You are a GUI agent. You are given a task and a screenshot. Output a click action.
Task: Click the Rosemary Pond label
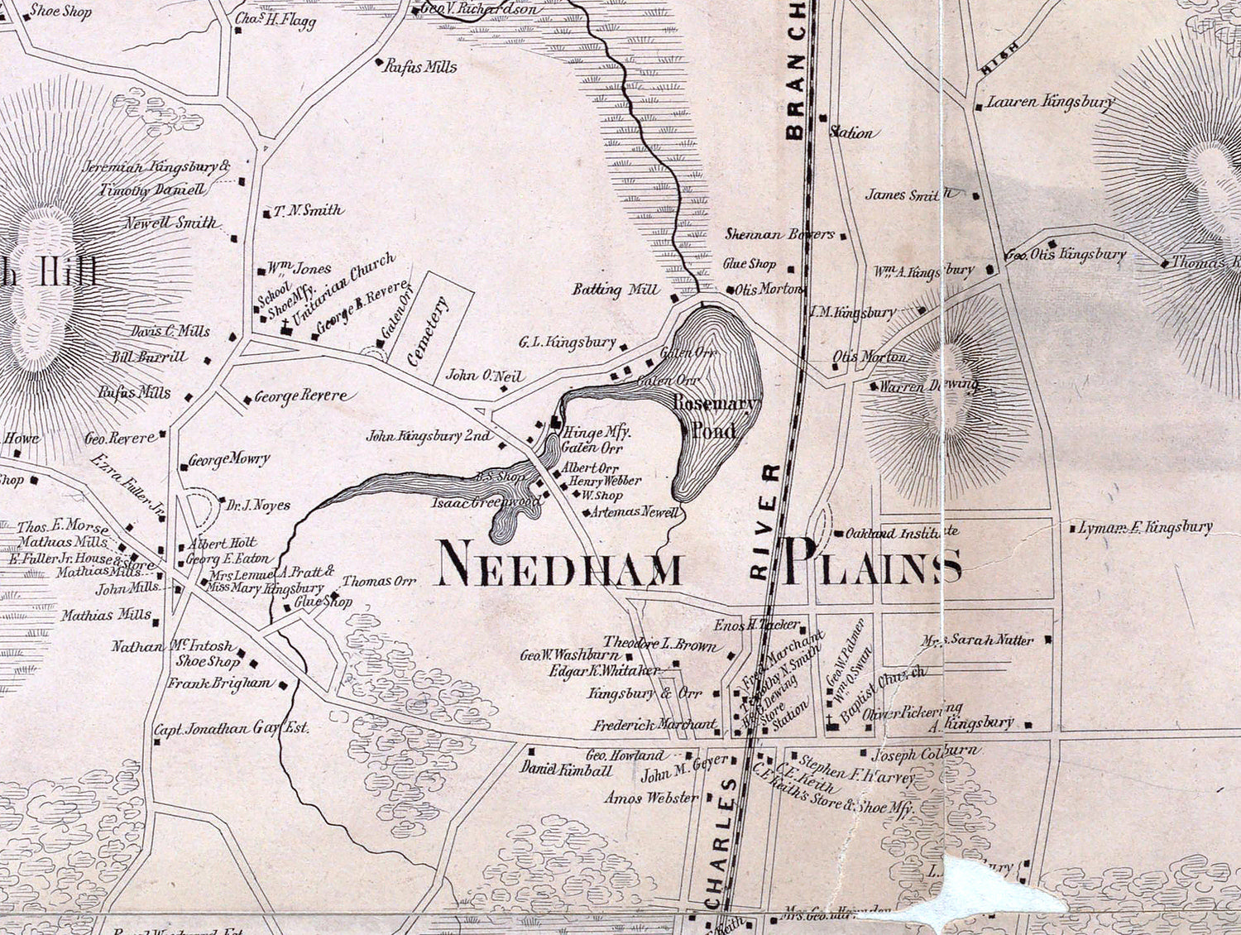[x=715, y=416]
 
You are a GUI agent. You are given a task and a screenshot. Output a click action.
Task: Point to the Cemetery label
[x=427, y=330]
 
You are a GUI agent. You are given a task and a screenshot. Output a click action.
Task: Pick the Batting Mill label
[x=616, y=290]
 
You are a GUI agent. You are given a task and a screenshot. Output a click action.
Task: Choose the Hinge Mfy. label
[x=597, y=432]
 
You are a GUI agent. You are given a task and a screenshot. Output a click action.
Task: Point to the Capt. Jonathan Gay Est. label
[x=232, y=728]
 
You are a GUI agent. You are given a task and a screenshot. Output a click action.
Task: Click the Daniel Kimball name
[x=566, y=770]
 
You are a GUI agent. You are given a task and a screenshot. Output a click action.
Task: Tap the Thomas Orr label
[x=378, y=581]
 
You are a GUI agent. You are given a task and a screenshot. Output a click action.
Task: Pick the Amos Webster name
[x=650, y=798]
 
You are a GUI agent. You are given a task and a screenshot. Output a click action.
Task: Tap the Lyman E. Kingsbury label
[x=1145, y=527]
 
